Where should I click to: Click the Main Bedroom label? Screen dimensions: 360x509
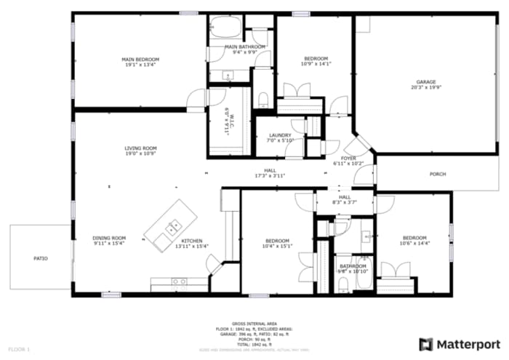click(x=140, y=59)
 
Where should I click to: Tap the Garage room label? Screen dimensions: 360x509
click(x=425, y=81)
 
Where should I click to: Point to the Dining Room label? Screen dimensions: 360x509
click(x=109, y=238)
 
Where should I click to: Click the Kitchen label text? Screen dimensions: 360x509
click(x=191, y=241)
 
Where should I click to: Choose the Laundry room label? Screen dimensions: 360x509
click(x=280, y=135)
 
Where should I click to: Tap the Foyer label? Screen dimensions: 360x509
click(x=349, y=158)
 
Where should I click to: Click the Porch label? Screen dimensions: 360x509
click(x=438, y=174)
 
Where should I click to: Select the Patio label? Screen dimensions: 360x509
click(x=41, y=258)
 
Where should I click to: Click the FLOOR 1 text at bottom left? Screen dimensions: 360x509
click(x=19, y=350)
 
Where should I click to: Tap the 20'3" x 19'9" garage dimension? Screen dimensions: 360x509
click(x=425, y=87)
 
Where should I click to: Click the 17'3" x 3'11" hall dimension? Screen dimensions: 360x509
click(x=270, y=175)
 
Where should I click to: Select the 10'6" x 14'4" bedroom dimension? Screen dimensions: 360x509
click(x=414, y=244)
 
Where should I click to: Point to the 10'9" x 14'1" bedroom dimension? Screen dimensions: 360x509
click(x=316, y=64)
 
